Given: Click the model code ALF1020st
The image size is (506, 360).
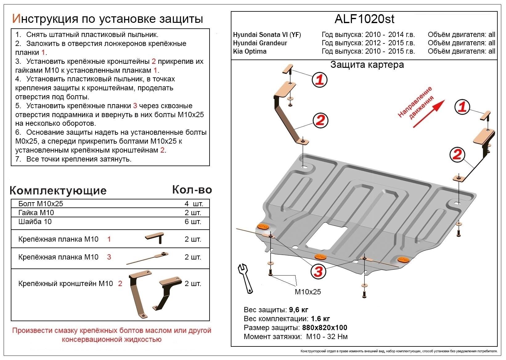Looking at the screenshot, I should [x=364, y=19].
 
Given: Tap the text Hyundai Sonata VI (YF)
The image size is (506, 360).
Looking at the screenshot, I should [x=267, y=35].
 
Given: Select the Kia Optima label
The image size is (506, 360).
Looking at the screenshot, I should [x=250, y=51].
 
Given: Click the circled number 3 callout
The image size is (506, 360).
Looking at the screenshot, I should [x=318, y=272].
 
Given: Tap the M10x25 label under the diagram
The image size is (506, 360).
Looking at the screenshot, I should [x=308, y=292].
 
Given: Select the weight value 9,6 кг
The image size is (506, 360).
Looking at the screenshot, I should [x=298, y=310].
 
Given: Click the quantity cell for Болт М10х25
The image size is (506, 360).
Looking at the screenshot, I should [x=194, y=204].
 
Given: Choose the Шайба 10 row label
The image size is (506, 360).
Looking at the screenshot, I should [x=35, y=222].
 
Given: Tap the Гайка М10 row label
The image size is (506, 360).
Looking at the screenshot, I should [x=36, y=213].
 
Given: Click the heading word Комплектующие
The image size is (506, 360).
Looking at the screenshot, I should [x=58, y=190].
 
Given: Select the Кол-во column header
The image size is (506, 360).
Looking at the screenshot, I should [x=192, y=190].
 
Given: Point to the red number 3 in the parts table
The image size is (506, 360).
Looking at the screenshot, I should [x=109, y=257].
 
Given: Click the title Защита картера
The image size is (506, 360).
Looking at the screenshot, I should [x=367, y=65].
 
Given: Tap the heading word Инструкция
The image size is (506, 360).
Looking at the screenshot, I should [x=45, y=19].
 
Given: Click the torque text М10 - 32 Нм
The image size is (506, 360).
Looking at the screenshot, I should [x=327, y=336].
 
